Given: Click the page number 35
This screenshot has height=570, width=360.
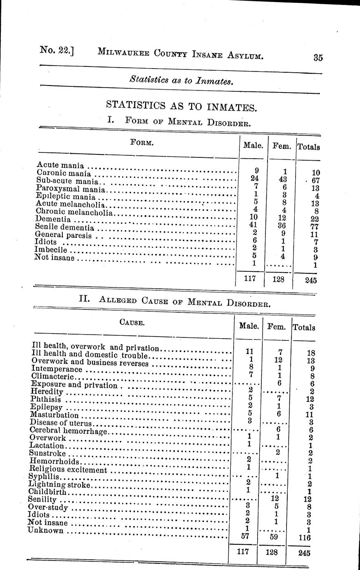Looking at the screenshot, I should (x=317, y=58).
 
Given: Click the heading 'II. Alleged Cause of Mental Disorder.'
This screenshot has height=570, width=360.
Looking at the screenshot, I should (x=175, y=300).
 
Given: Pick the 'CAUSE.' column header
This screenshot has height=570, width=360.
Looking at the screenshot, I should (x=132, y=323).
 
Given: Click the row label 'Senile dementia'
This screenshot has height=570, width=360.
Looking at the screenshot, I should (x=65, y=227).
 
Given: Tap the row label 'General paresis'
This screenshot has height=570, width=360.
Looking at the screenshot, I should (x=64, y=235).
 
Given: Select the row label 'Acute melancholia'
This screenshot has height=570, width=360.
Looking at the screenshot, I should (x=71, y=204).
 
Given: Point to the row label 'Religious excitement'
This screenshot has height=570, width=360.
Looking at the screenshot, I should (x=69, y=469).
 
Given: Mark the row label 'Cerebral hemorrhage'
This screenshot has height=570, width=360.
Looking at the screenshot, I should (x=69, y=431).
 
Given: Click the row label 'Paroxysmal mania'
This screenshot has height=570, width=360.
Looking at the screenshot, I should (x=71, y=189).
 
